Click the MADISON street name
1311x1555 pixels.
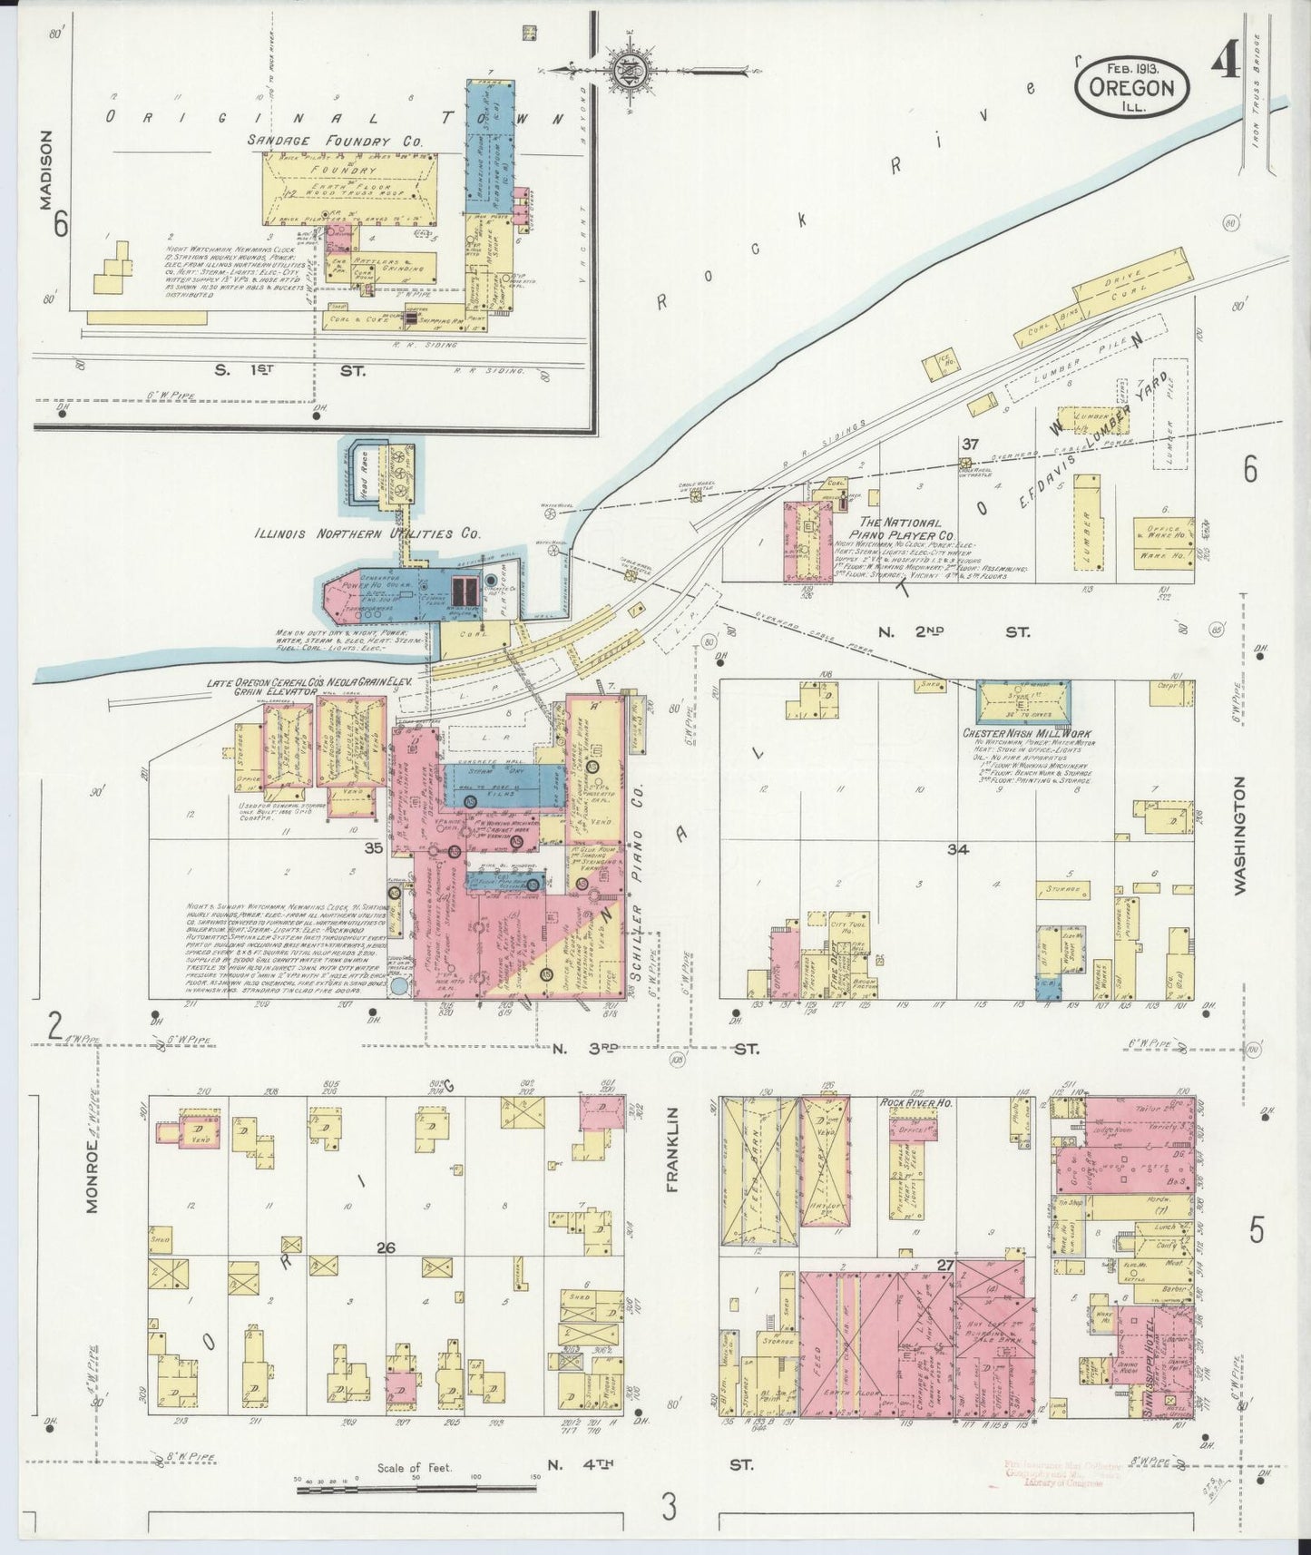46,170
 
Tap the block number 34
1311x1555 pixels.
958,850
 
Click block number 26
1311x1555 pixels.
386,1248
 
